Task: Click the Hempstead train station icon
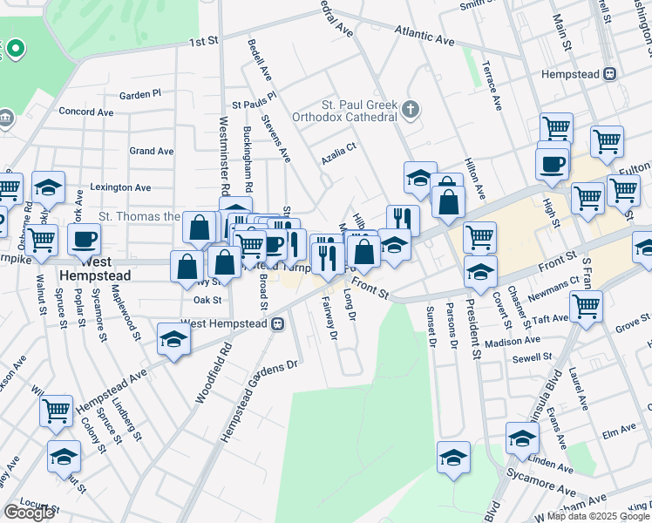[612, 75]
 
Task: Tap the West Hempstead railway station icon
[278, 323]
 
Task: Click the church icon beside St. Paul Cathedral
[411, 111]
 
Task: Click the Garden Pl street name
[140, 94]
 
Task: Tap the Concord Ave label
[86, 112]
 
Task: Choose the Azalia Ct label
[339, 147]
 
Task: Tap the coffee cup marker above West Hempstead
[85, 239]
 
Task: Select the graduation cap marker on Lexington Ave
[49, 186]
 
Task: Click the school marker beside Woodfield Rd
[173, 339]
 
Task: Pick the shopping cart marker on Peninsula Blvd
[586, 306]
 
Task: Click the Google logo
[29, 513]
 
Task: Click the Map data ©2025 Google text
[597, 517]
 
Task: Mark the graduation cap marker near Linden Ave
[522, 437]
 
